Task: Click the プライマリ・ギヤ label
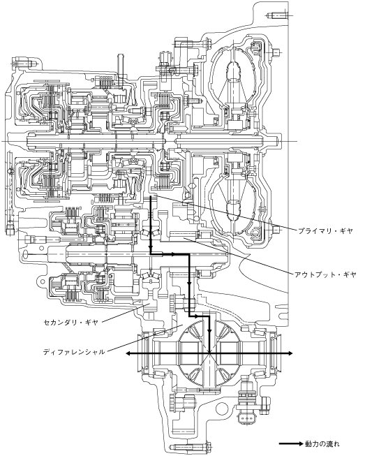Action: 325,231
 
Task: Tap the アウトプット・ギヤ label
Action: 325,274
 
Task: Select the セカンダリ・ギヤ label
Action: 71,322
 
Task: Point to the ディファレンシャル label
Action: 74,352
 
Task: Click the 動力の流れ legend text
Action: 322,444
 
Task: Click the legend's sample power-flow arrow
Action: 291,444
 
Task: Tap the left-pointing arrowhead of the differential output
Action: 128,353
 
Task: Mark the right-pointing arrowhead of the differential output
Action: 290,353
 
